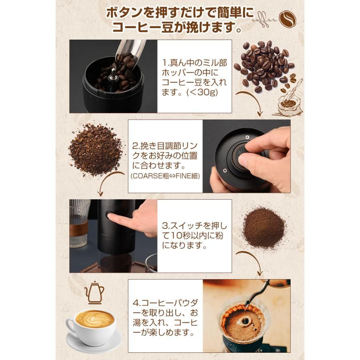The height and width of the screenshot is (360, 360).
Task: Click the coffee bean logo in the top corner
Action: (288, 19)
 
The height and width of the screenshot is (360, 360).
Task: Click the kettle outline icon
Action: (94, 292)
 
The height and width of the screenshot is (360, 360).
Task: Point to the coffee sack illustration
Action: (290, 103)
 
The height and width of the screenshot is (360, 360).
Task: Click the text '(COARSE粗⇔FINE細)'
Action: (165, 176)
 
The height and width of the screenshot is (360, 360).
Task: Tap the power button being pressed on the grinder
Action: (109, 215)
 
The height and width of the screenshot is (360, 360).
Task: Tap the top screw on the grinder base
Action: (247, 137)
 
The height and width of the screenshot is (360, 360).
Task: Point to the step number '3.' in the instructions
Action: (166, 226)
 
